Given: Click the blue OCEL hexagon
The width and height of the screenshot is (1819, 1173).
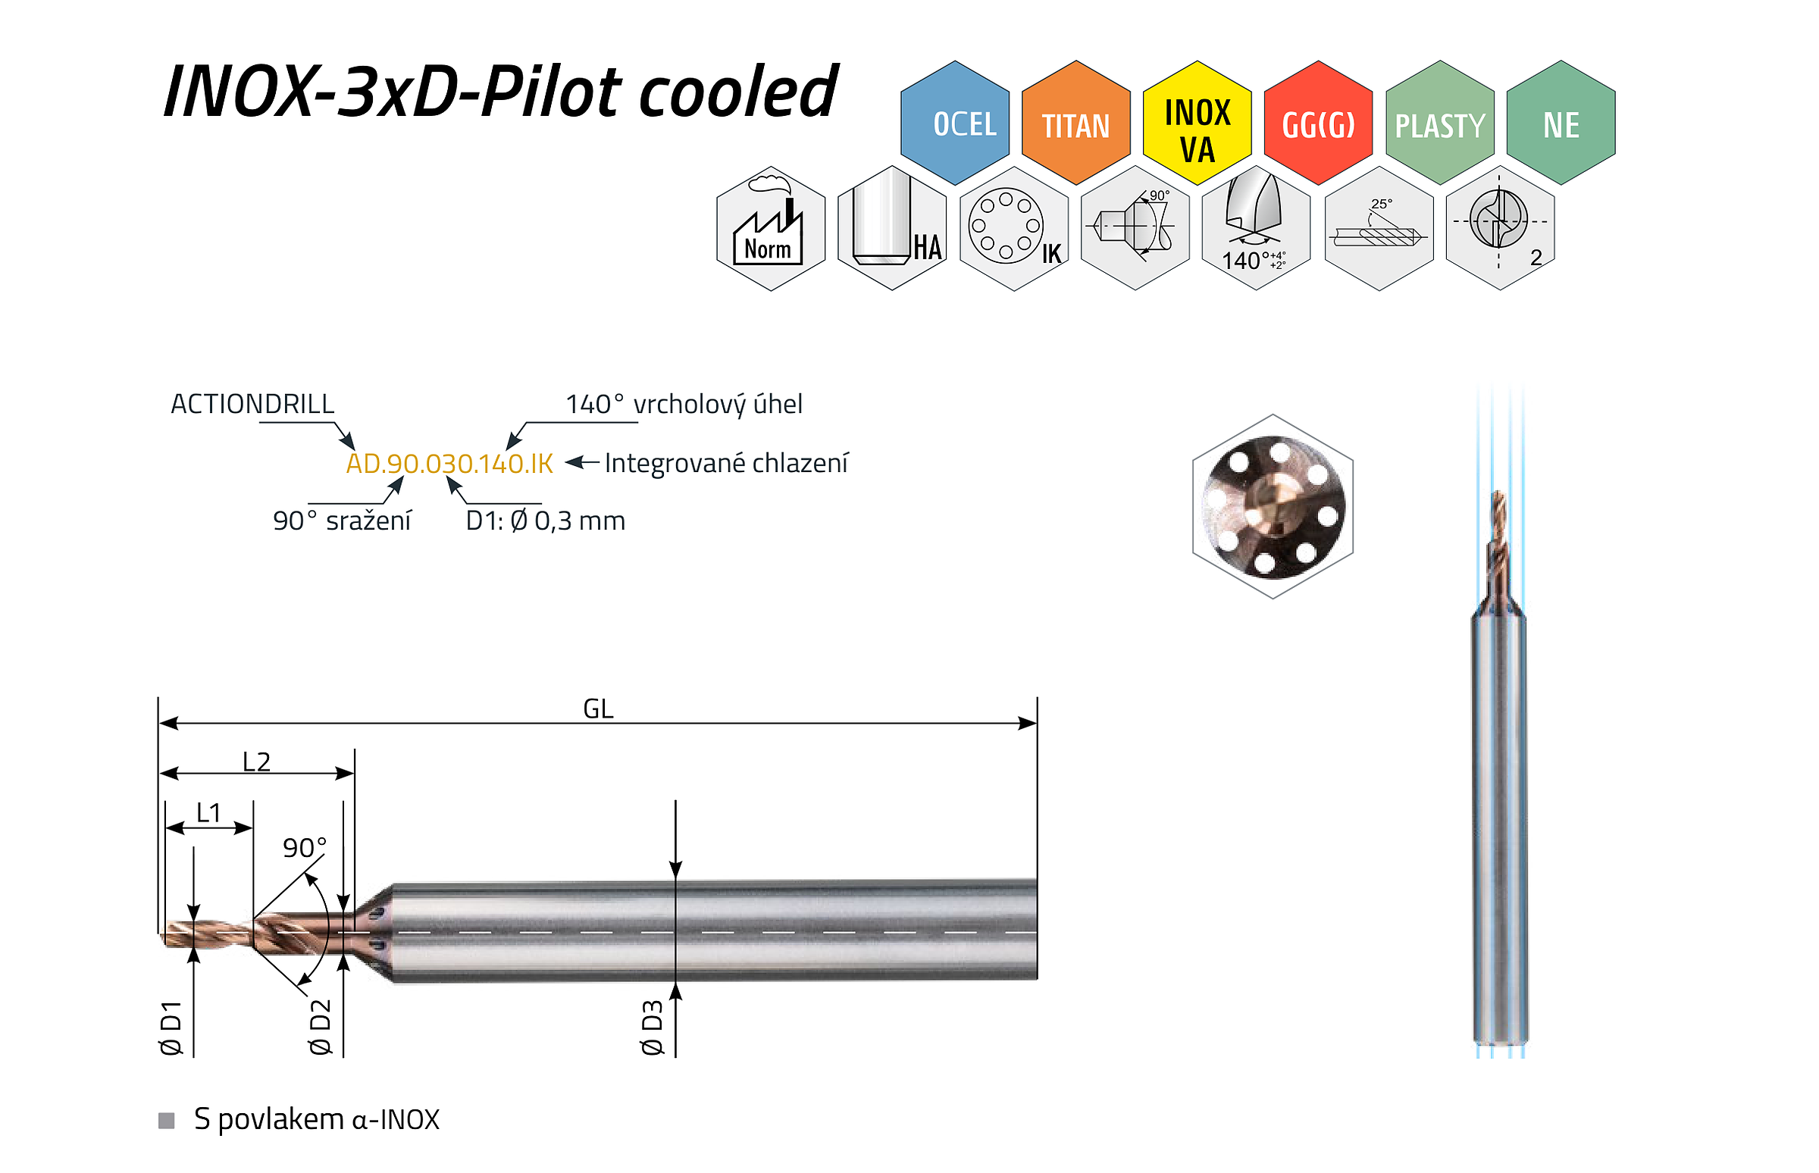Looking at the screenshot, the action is (954, 123).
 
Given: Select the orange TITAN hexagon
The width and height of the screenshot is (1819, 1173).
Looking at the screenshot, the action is (1075, 123).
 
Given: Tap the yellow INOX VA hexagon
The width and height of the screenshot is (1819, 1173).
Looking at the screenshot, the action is (1197, 123).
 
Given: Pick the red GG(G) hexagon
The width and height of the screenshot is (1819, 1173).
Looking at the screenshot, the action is (1318, 123).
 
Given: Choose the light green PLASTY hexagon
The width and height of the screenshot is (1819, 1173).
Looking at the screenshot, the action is (1439, 123).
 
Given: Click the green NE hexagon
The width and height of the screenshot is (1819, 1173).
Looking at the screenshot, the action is (1561, 123).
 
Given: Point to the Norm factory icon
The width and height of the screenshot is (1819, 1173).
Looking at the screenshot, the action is (771, 229).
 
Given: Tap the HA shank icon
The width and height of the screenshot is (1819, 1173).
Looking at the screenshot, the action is (892, 229).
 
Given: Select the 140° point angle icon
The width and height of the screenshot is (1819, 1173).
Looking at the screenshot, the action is (1256, 229).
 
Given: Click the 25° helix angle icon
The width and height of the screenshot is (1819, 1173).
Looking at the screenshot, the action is (1379, 229).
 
